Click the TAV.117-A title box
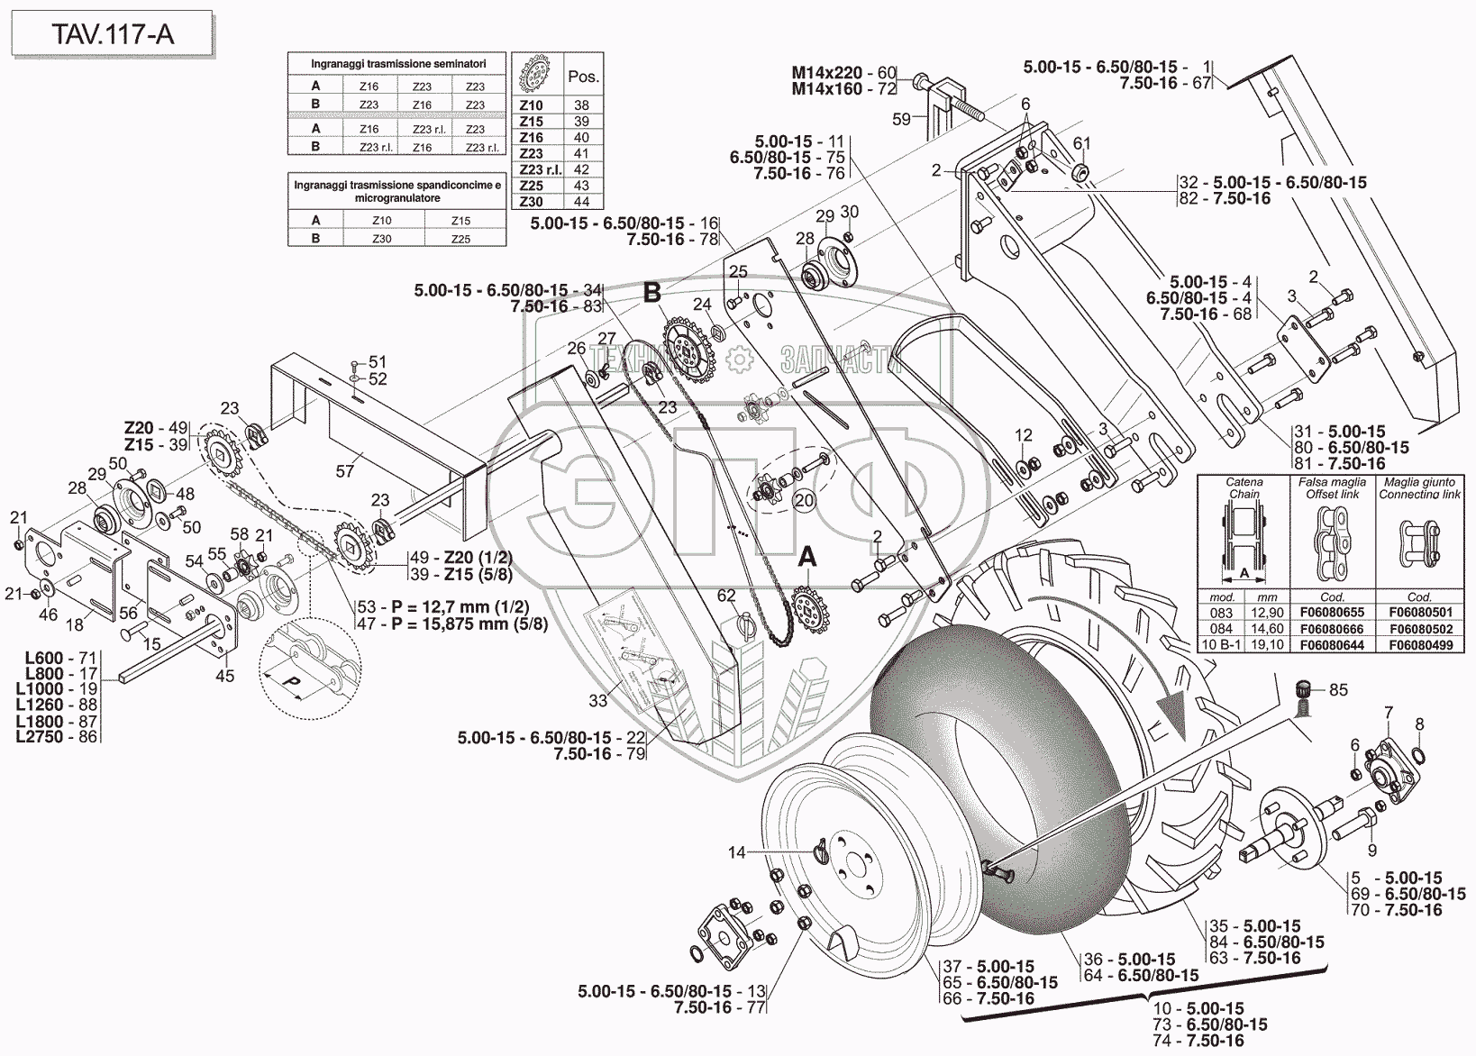coord(112,34)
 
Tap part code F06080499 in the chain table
coord(1419,645)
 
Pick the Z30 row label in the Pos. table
coord(532,202)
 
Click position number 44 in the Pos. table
coord(581,202)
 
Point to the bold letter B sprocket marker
coord(651,293)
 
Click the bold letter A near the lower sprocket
coord(807,558)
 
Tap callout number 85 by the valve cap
coord(1338,690)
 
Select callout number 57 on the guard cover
coord(345,470)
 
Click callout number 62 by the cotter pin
coord(726,596)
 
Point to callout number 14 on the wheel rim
coord(737,851)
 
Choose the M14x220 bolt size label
coord(827,72)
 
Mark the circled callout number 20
coord(804,500)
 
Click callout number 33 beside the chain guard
coord(598,700)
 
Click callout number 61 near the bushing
coord(1081,143)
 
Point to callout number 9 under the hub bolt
coord(1371,849)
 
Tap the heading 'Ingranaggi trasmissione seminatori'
coord(397,65)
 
